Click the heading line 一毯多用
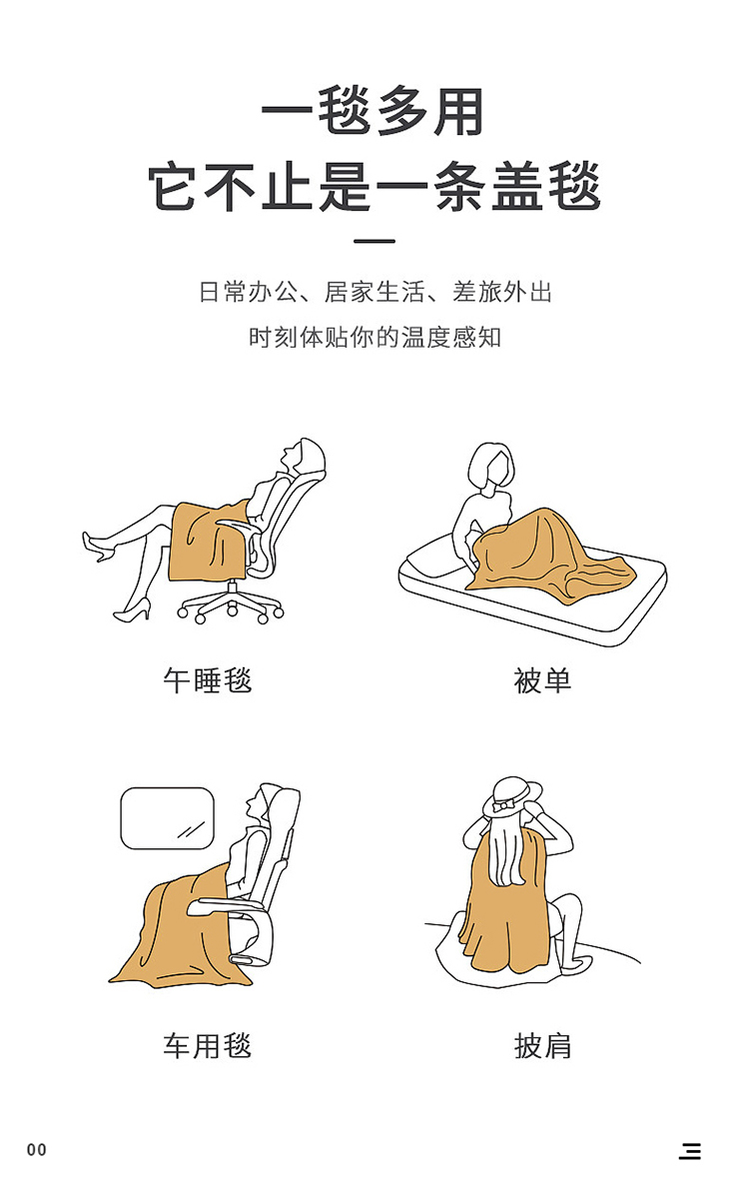tap(374, 112)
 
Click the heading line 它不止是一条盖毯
tap(374, 186)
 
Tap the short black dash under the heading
tap(374, 241)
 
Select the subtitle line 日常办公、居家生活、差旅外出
tap(374, 292)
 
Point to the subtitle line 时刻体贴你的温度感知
tap(374, 337)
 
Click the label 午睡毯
tap(207, 680)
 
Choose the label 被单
tap(542, 680)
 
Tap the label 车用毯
tap(207, 1046)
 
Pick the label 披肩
tap(542, 1046)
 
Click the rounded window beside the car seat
tap(168, 818)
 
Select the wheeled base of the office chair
tap(232, 604)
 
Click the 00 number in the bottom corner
tap(37, 1150)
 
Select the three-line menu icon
tap(689, 1151)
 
